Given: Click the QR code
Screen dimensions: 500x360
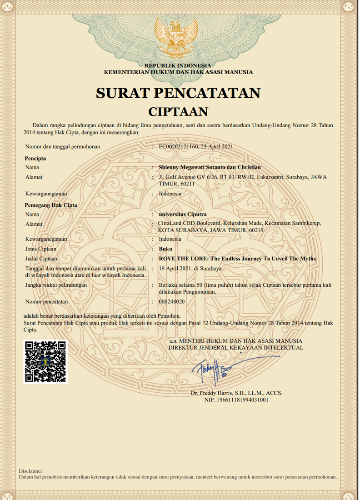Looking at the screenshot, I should tap(45, 361).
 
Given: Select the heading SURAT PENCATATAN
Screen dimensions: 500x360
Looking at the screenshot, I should tap(178, 93).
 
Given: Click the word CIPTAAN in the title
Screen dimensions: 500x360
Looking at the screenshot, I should tap(178, 111).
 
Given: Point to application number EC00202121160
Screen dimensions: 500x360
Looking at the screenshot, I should tap(179, 146).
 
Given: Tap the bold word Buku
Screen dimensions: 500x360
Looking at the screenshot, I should tap(166, 249).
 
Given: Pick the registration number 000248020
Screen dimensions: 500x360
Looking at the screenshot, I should tap(171, 301).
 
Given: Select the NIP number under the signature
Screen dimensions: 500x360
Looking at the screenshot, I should tap(236, 400).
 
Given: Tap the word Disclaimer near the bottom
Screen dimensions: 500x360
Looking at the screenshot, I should tap(31, 471).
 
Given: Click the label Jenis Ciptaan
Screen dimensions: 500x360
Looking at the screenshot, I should tap(41, 249).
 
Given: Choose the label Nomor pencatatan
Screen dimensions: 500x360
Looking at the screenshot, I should tap(46, 301).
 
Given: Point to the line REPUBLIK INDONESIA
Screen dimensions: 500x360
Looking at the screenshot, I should tap(178, 66).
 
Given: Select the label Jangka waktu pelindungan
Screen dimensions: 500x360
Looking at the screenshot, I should tap(56, 285).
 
